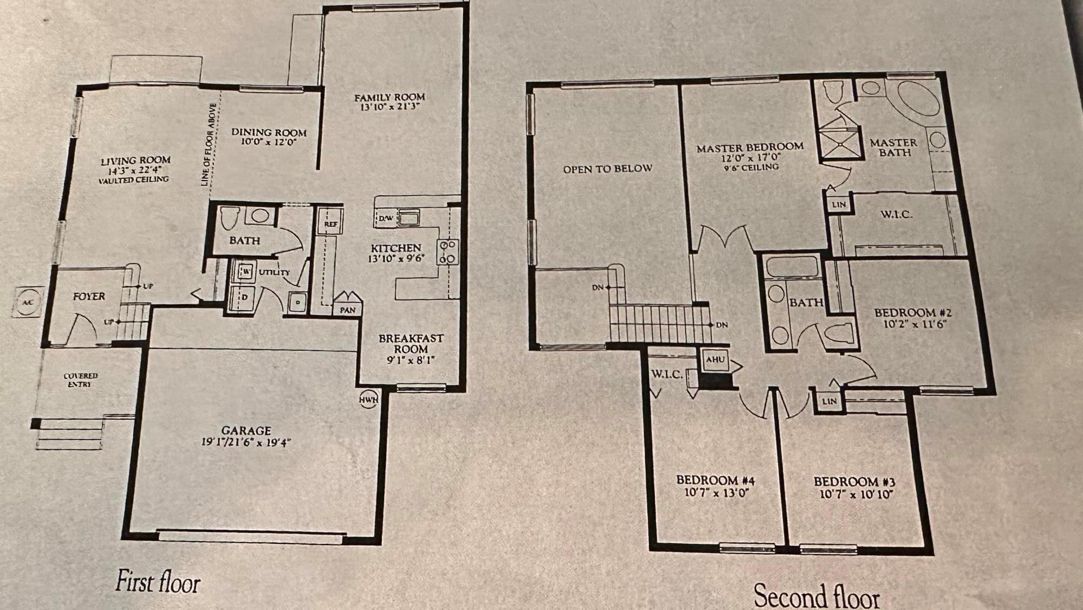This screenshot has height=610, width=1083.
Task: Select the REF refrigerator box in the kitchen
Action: [330, 222]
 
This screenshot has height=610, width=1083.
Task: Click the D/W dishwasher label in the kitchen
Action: [386, 219]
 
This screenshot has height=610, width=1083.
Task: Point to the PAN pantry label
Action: [348, 310]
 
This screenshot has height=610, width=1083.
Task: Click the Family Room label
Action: [390, 98]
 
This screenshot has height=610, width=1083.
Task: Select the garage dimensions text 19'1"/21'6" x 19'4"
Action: [246, 442]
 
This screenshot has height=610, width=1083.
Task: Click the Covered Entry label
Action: [80, 380]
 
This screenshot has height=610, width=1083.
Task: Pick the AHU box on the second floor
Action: [716, 359]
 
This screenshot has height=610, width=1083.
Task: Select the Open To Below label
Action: [607, 169]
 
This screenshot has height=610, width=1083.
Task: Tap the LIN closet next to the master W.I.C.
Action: [839, 204]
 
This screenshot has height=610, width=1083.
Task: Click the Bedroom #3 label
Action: [854, 481]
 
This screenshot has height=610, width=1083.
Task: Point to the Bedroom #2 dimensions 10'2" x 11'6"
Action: [912, 325]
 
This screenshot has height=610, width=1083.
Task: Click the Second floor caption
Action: [816, 596]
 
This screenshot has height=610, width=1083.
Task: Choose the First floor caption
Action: [158, 582]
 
